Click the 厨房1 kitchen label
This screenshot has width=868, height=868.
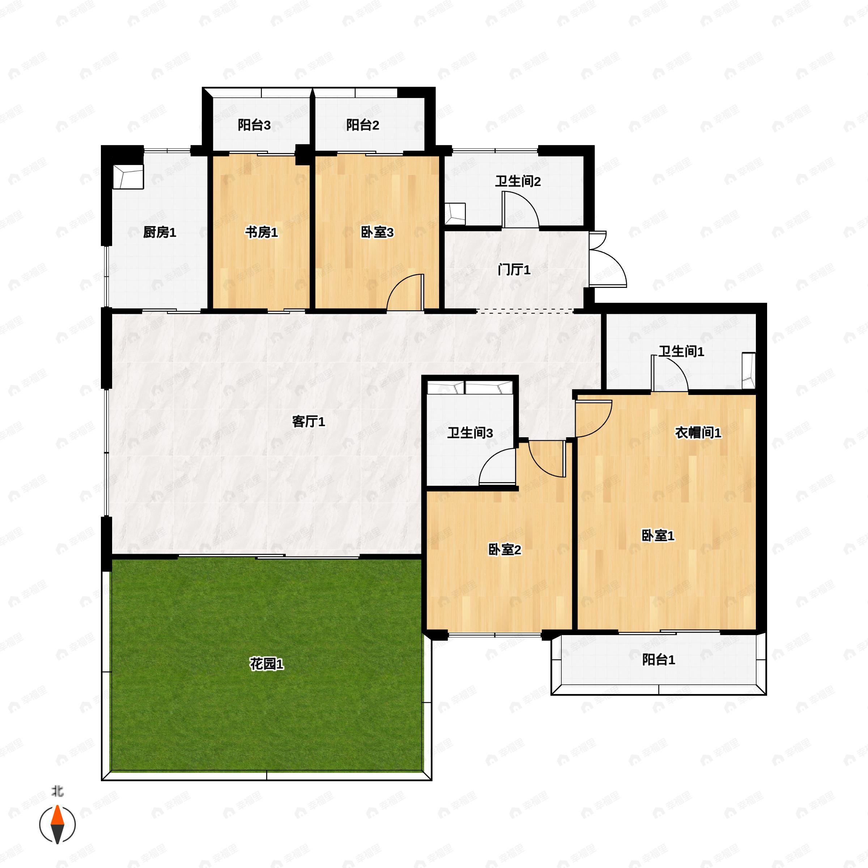point(159,232)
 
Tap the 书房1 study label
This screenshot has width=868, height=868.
point(261,232)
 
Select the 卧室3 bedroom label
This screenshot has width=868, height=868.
point(377,232)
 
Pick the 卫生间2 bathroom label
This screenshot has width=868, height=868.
point(518,182)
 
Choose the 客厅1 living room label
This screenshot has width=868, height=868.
point(309,421)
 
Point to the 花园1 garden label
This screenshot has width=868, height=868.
point(267,664)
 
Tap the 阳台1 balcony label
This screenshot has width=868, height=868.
point(659,660)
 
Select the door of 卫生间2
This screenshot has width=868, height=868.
point(520,210)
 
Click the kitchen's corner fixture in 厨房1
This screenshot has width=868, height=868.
point(128,176)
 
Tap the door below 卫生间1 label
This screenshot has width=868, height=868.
point(670,373)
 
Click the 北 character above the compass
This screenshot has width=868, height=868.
point(58,791)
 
